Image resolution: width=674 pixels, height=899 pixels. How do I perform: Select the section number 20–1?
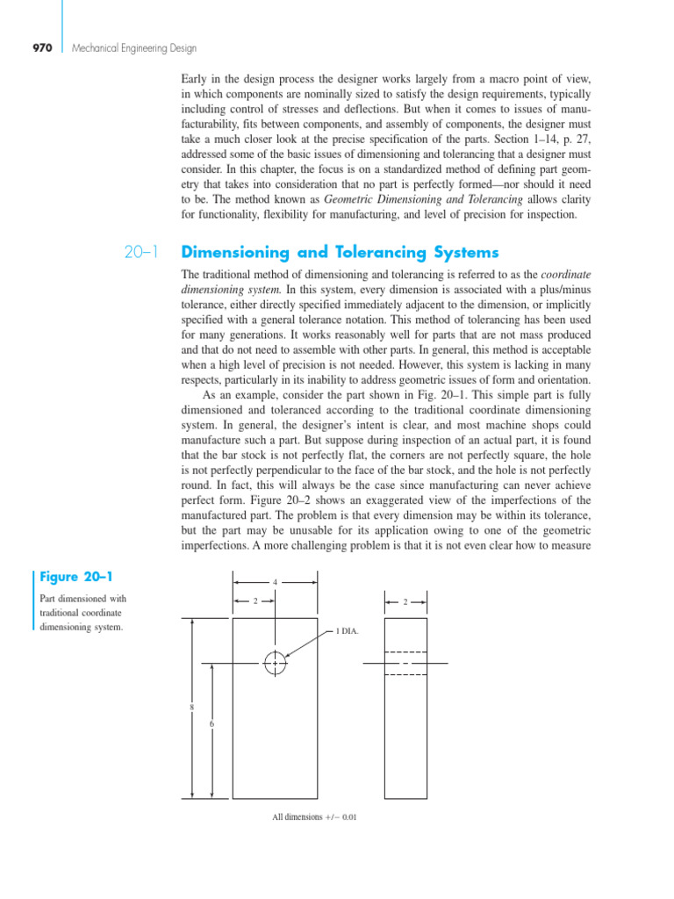[x=140, y=253]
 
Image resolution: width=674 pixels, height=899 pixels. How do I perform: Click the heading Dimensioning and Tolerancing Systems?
[x=339, y=253]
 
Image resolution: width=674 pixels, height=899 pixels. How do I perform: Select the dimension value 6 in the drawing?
[x=212, y=723]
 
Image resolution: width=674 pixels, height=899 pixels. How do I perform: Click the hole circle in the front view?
[x=276, y=664]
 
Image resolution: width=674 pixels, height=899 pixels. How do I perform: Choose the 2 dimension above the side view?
[x=405, y=601]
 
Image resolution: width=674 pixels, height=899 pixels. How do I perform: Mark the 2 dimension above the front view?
[x=255, y=601]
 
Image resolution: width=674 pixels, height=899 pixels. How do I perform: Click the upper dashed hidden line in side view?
[x=405, y=652]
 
